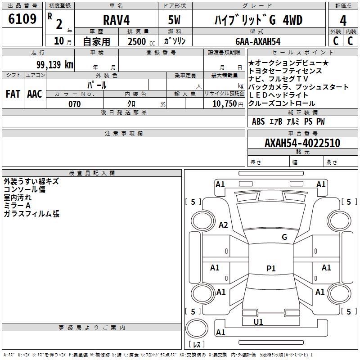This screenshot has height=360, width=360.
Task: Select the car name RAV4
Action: click(116, 20)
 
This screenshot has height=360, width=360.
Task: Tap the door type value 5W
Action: click(175, 20)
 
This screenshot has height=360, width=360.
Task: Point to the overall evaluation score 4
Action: click(343, 20)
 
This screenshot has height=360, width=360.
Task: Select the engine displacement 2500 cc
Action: click(137, 41)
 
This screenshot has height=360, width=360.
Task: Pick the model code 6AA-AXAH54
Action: click(258, 41)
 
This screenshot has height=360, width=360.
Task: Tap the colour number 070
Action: click(74, 104)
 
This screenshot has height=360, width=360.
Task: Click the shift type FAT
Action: click(13, 94)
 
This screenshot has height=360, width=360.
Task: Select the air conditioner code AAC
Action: click(35, 94)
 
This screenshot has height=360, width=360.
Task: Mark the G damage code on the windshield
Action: click(284, 237)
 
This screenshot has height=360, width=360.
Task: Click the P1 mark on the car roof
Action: click(271, 269)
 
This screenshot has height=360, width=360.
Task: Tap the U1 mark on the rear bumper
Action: click(258, 322)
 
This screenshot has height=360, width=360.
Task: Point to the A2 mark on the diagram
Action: click(223, 225)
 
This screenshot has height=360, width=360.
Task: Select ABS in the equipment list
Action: click(258, 121)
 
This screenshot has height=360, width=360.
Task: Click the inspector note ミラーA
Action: click(17, 206)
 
